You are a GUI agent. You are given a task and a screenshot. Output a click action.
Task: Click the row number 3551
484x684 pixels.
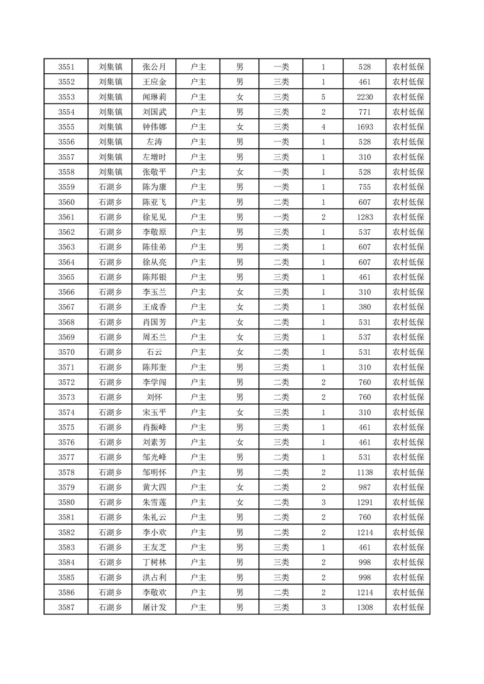click(x=66, y=67)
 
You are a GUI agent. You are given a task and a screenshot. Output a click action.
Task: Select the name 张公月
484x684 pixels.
click(x=154, y=67)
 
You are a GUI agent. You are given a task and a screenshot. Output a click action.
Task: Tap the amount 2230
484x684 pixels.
click(x=365, y=97)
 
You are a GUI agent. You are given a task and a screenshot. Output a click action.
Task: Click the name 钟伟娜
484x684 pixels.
click(x=154, y=127)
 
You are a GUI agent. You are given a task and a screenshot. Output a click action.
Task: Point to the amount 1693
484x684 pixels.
click(x=365, y=127)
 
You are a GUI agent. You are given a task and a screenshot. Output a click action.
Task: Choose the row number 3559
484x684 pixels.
click(x=66, y=187)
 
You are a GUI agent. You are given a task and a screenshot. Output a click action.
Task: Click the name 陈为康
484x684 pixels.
click(x=154, y=187)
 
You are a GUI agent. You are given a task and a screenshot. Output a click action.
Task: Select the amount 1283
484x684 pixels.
click(x=365, y=217)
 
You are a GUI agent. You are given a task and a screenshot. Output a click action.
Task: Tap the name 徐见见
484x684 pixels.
click(x=154, y=217)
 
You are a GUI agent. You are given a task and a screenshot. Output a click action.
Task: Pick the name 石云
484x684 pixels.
click(x=154, y=352)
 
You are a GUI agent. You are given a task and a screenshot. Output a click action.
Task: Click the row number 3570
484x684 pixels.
click(x=66, y=352)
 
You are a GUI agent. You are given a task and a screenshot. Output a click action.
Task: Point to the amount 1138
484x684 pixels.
click(x=365, y=472)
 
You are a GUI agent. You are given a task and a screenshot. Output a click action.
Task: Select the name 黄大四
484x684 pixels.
click(x=154, y=487)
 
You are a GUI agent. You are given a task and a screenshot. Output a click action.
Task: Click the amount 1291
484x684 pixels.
click(x=365, y=502)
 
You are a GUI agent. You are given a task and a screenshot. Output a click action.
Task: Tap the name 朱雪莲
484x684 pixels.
click(x=154, y=502)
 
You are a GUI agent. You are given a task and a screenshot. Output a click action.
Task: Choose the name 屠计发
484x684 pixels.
click(x=154, y=607)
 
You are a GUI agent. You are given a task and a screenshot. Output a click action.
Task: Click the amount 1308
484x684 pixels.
click(x=365, y=607)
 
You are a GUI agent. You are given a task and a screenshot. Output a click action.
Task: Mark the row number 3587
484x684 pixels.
click(x=66, y=607)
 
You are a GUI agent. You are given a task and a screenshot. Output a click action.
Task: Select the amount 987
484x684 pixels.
click(x=365, y=487)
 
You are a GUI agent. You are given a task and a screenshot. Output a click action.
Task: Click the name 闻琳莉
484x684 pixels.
click(x=154, y=97)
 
